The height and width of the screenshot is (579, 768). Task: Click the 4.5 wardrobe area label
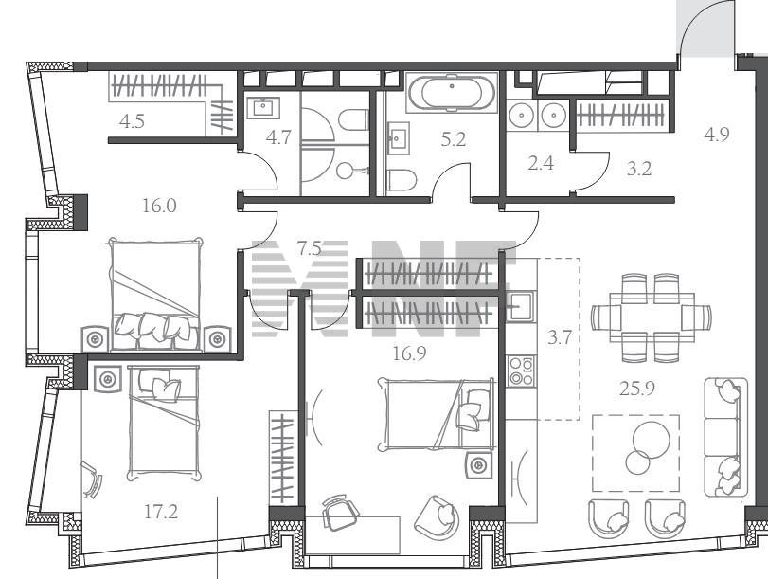click(x=132, y=121)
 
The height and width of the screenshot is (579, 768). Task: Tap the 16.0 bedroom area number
click(x=159, y=206)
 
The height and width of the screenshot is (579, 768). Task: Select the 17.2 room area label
click(x=161, y=513)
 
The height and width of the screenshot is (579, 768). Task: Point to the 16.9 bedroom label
click(x=409, y=353)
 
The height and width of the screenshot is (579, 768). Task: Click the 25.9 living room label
click(x=636, y=389)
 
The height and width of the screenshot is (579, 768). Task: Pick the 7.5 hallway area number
click(x=310, y=248)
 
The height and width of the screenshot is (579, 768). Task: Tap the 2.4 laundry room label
click(x=541, y=163)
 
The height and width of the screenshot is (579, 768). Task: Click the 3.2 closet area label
click(x=639, y=169)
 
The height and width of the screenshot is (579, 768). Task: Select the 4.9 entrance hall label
click(x=717, y=134)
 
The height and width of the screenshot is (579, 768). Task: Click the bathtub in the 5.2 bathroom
click(x=452, y=93)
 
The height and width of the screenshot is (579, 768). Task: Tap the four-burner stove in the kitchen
click(x=521, y=371)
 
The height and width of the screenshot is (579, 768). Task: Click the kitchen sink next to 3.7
click(x=521, y=306)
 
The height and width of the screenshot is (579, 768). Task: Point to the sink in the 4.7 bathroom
click(x=263, y=108)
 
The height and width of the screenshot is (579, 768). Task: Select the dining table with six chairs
click(x=652, y=317)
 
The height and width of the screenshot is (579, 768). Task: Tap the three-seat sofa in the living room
click(x=727, y=437)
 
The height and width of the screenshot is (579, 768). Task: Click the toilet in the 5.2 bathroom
click(x=402, y=179)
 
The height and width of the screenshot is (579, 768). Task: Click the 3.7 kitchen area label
click(x=560, y=337)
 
